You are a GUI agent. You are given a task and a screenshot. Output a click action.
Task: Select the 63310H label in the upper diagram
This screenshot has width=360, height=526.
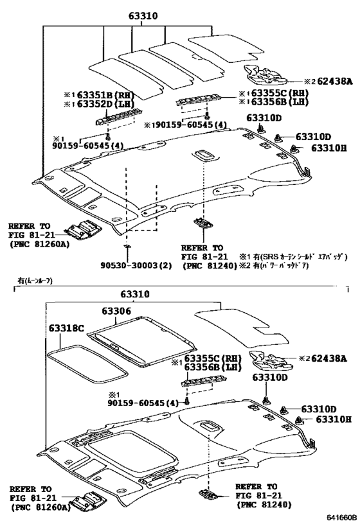[x=328, y=148]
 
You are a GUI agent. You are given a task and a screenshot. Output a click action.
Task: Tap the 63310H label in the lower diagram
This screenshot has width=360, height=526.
[x=333, y=419]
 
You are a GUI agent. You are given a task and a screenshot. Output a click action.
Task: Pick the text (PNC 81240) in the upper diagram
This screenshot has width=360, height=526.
[x=206, y=264]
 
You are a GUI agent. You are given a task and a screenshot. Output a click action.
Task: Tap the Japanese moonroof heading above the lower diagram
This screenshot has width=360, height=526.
[x=35, y=281]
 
